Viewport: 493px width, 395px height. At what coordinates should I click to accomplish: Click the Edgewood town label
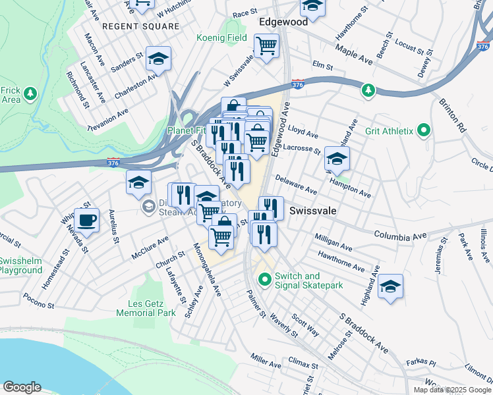coord(283,22)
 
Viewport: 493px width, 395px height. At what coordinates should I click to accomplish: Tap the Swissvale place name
coord(314,211)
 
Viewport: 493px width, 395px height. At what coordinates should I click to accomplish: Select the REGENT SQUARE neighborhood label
coord(140,26)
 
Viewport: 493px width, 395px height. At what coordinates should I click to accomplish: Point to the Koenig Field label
coord(221,38)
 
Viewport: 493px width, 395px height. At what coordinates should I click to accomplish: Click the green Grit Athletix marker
coord(424,131)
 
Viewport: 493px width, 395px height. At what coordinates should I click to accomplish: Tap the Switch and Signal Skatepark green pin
coord(265,280)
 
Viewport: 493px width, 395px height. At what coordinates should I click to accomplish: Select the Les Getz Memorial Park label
coord(146,308)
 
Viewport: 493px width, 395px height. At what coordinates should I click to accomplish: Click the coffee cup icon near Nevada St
coord(86,219)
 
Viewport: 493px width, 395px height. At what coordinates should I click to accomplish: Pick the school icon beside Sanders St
coord(158,59)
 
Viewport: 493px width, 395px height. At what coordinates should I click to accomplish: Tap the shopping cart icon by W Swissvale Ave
coord(267,45)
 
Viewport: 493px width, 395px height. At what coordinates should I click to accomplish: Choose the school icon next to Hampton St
coord(337,159)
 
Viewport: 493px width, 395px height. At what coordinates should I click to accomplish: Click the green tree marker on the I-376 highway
coord(368,90)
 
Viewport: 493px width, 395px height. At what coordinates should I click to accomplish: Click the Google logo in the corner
coord(22,387)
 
